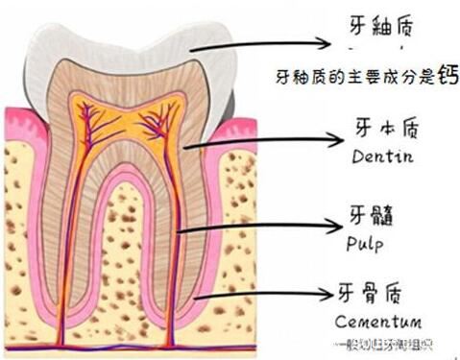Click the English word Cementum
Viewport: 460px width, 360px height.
(378, 319)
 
